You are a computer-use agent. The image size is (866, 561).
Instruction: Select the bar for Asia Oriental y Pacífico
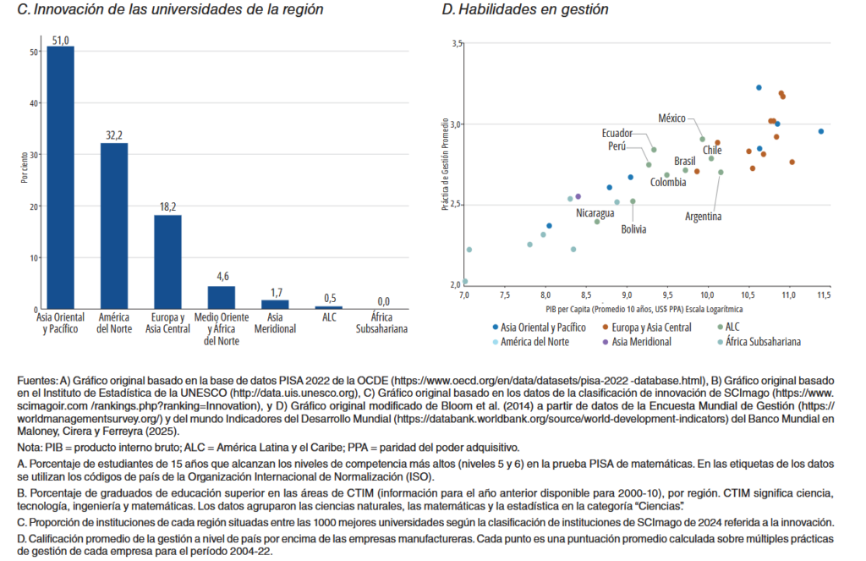(x=60, y=178)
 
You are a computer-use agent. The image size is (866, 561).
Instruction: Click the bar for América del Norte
(x=114, y=226)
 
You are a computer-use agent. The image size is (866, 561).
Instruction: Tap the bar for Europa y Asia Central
(x=167, y=262)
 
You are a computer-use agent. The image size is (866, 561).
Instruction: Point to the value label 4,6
(x=222, y=276)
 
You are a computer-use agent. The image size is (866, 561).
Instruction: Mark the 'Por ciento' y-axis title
(x=25, y=167)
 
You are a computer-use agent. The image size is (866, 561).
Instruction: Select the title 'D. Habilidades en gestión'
(x=525, y=9)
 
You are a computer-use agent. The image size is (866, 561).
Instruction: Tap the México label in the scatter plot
(x=671, y=118)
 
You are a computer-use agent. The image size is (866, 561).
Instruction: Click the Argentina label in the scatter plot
(x=703, y=217)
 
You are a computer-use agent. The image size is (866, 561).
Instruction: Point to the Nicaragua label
(x=595, y=213)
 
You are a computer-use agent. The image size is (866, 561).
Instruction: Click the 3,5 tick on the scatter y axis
(x=458, y=43)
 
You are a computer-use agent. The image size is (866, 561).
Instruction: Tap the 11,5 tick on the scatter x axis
(x=824, y=294)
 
